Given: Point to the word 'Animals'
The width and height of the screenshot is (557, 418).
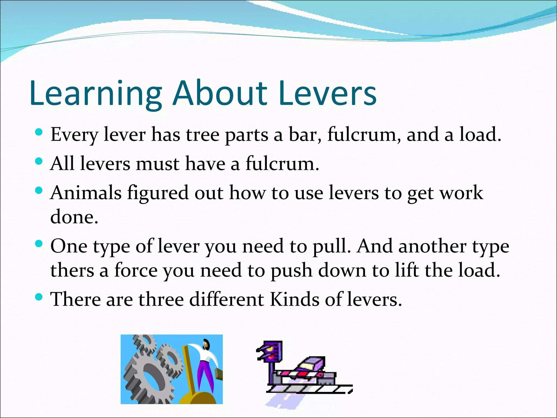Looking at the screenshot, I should tap(86, 193).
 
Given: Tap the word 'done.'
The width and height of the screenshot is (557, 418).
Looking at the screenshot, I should tap(74, 217).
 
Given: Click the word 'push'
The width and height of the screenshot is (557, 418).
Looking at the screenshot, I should tap(291, 271).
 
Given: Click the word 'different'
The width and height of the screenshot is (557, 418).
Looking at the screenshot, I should tap(227, 299).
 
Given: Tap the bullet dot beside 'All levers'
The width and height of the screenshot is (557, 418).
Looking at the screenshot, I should tap(39, 161).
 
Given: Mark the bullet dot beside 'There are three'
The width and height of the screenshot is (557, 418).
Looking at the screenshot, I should tap(39, 297).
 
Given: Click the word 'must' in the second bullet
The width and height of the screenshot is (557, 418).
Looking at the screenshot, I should tap(158, 164).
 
